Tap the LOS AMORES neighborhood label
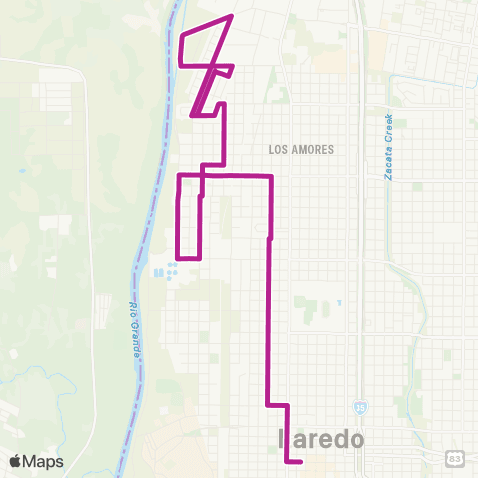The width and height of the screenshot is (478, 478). click(x=300, y=148)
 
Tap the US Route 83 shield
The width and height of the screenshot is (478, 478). click(x=454, y=457)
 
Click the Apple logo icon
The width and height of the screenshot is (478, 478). click(x=15, y=461)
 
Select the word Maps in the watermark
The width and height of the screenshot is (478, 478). click(x=44, y=461)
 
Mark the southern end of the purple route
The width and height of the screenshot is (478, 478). click(x=301, y=461)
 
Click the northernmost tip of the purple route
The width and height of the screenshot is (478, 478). click(x=232, y=16)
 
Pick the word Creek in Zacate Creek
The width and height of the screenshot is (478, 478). click(x=389, y=127)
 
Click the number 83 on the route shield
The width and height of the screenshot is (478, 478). click(x=454, y=457)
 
